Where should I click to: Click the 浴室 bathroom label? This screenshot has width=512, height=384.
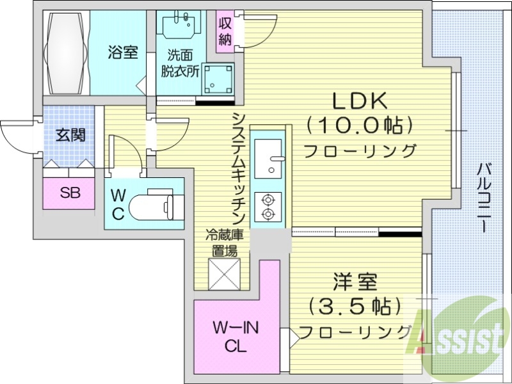(123, 52)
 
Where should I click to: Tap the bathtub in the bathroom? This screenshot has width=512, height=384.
(67, 52)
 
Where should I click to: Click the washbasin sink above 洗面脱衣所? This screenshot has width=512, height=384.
(182, 26)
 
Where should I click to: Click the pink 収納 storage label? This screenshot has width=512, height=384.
(225, 31)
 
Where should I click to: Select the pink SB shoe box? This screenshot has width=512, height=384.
(70, 193)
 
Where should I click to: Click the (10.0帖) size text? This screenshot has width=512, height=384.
(358, 125)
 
